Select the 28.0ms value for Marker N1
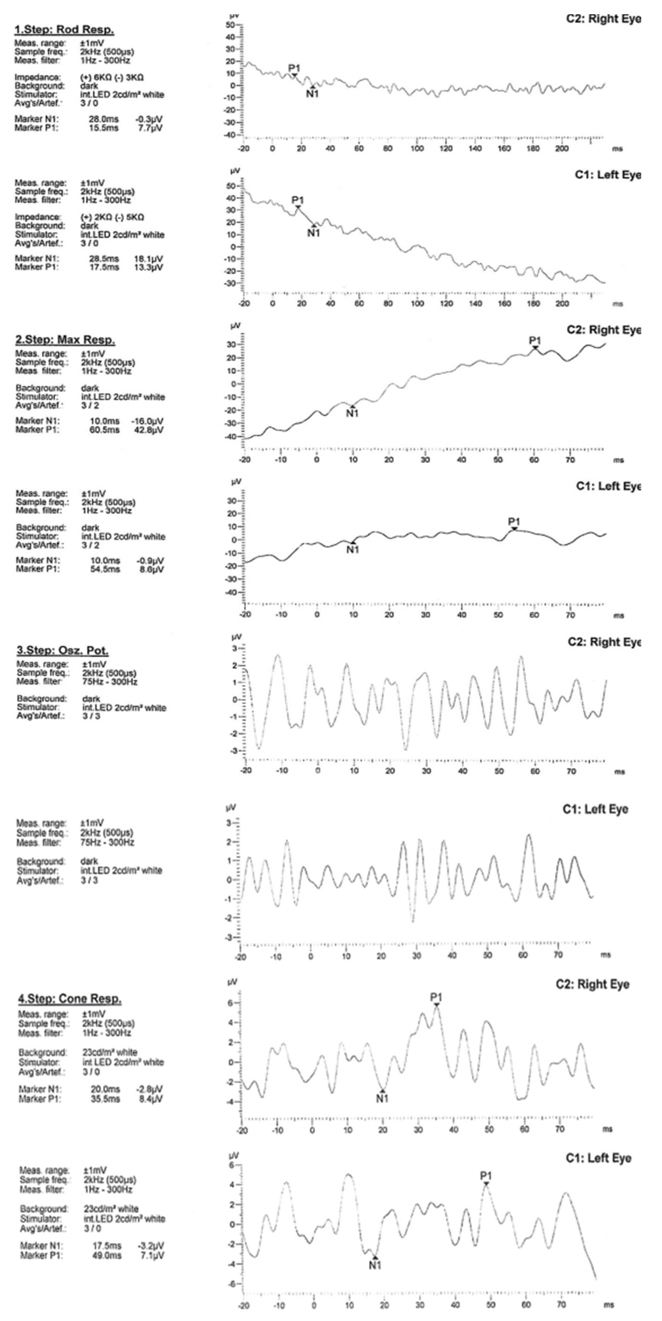tap(104, 119)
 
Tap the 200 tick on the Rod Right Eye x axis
tap(563, 149)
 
